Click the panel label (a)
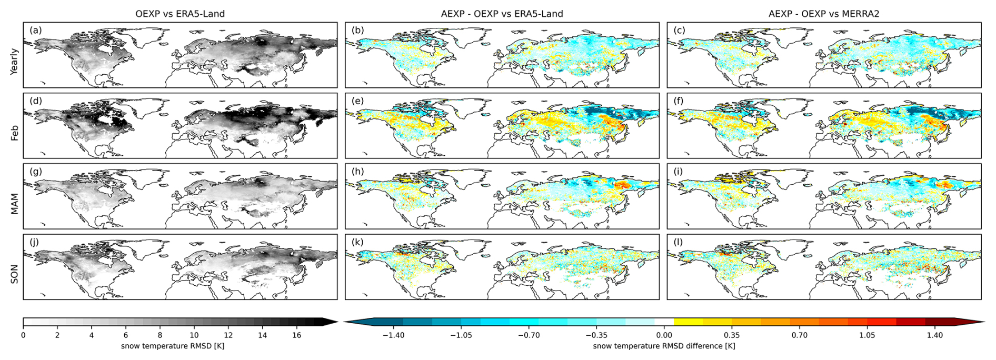coord(36,30)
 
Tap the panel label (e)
coord(358,101)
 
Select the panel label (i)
coord(679,172)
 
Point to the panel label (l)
coord(679,242)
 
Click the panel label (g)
coord(36,172)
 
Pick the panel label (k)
coord(358,242)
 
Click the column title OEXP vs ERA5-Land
coord(180,14)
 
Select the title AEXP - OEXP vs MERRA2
coord(824,14)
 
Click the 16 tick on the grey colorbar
coord(296,335)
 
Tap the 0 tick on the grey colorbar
coord(23,335)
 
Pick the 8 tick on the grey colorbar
coord(160,335)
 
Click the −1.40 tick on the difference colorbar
coord(393,335)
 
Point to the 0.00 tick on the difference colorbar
coord(664,335)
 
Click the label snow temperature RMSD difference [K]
coord(664,346)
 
